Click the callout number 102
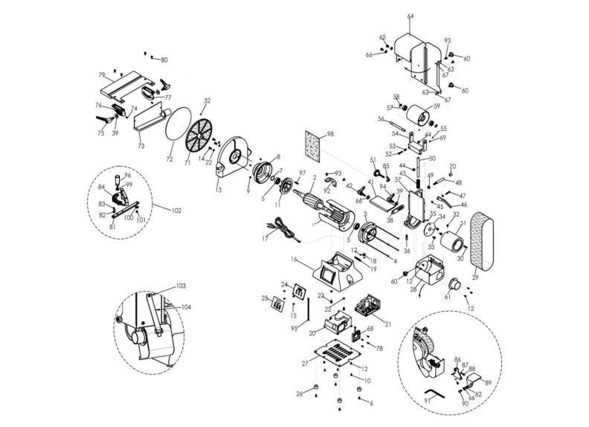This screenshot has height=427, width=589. [176, 211]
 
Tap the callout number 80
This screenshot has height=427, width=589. [164, 60]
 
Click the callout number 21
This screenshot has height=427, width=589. [387, 324]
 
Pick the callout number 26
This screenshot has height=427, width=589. [299, 394]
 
